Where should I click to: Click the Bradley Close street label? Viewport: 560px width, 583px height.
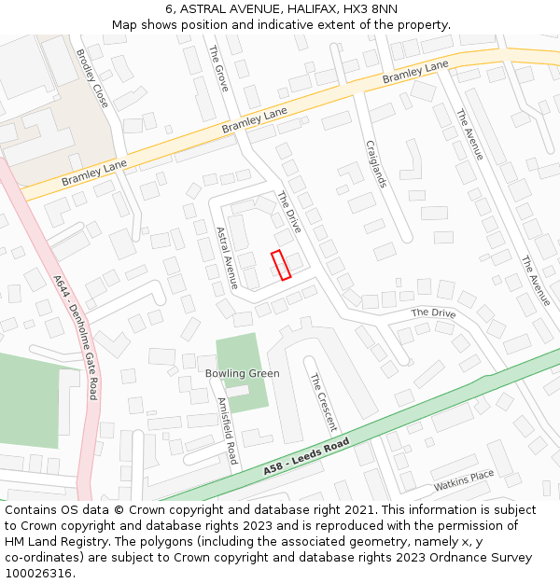pos(91,77)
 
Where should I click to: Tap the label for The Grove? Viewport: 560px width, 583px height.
pos(218,68)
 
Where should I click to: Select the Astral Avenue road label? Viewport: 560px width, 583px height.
pos(227,257)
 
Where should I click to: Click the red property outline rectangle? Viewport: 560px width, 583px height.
pos(281,265)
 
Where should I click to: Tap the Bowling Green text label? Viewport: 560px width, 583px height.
pos(242,373)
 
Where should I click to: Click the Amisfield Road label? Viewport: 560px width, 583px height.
pos(227,431)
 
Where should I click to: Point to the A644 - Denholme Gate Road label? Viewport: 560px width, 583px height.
pos(76,336)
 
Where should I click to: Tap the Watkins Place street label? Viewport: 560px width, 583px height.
pos(463,481)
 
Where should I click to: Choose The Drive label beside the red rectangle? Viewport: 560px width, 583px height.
pos(289,212)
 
